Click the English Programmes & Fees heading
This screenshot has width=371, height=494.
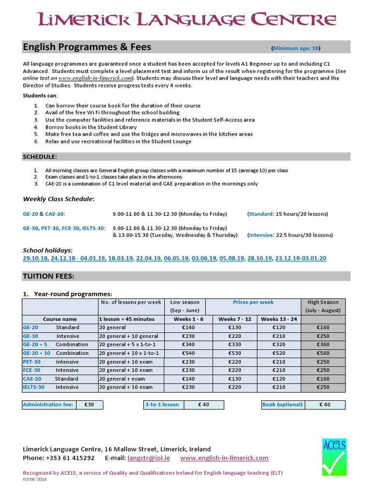point(87,47)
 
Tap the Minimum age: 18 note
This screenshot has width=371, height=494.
point(296,48)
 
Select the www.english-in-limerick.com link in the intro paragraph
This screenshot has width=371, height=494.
point(96,78)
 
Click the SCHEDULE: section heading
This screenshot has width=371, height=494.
point(40,157)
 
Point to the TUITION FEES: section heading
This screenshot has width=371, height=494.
point(48,276)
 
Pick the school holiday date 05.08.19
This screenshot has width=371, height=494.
point(232,259)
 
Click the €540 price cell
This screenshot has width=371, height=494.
point(188,353)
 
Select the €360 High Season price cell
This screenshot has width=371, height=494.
point(323,344)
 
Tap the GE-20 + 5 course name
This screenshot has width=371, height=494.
point(35,344)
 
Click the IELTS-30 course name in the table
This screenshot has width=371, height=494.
point(33,387)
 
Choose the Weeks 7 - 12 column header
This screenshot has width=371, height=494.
point(234,319)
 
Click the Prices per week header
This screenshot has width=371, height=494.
point(253,302)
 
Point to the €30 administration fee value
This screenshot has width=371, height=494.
point(89,405)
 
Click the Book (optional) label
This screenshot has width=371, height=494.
point(282,405)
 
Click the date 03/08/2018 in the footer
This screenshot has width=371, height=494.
point(35,479)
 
